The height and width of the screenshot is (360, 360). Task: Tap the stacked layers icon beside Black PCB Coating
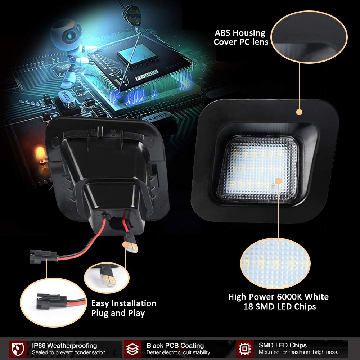pyautogui.click(x=132, y=348)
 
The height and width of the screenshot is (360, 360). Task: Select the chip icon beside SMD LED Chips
pyautogui.click(x=244, y=348)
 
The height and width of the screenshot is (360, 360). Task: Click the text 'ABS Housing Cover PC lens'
pyautogui.click(x=240, y=38)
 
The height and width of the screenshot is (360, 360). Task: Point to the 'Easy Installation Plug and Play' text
pyautogui.click(x=123, y=308)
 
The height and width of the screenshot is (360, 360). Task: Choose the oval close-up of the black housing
pyautogui.click(x=309, y=37)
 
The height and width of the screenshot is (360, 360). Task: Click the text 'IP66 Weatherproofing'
pyautogui.click(x=64, y=346)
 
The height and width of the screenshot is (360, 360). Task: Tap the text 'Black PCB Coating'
pyautogui.click(x=175, y=346)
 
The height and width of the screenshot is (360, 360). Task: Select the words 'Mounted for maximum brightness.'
pyautogui.click(x=298, y=352)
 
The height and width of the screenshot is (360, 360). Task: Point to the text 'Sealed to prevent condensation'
pyautogui.click(x=68, y=352)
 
